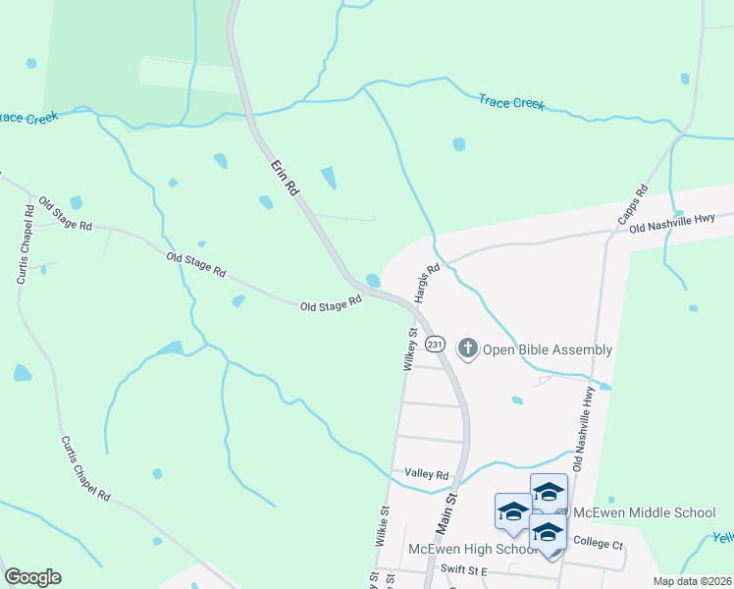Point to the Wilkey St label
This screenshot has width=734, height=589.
click(x=410, y=349)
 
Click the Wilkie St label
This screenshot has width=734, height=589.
click(x=383, y=527)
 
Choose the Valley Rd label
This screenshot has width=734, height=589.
click(x=427, y=474)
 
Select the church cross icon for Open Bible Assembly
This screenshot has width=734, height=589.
click(x=468, y=348)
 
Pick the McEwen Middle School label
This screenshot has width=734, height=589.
click(x=645, y=512)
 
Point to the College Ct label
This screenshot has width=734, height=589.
click(x=599, y=542)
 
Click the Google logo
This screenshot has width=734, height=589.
click(x=32, y=577)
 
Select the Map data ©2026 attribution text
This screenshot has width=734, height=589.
click(x=693, y=581)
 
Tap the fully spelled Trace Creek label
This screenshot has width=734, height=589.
click(x=511, y=102)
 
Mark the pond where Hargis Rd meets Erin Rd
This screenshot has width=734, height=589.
click(x=374, y=281)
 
